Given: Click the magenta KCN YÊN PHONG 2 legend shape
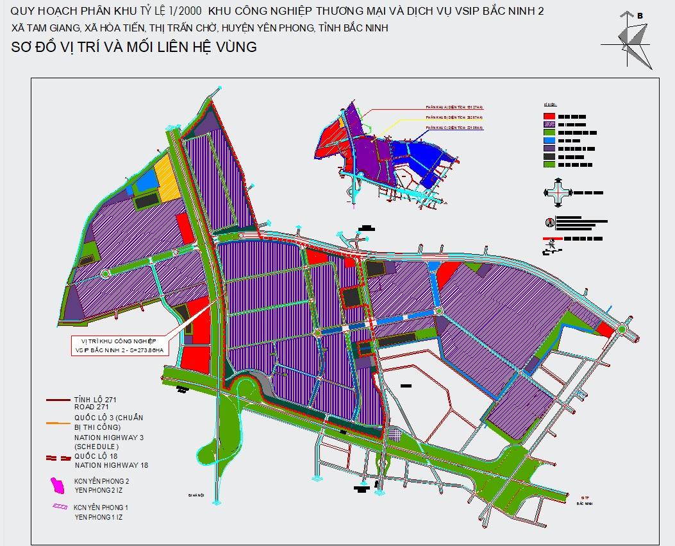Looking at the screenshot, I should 58,485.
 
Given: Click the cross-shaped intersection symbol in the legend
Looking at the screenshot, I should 556,191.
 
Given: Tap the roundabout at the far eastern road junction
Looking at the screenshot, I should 621,330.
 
